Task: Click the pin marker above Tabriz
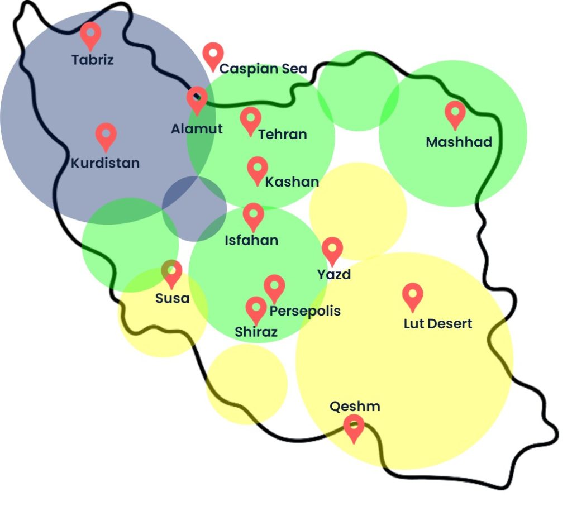tap(90, 35)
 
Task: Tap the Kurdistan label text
tap(105, 164)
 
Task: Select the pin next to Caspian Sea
tap(213, 55)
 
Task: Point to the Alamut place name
tap(197, 129)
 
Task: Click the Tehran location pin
tap(250, 120)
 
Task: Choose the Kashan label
tap(292, 182)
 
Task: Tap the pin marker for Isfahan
tap(253, 216)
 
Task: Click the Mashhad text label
tap(459, 142)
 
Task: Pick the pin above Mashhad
tap(455, 113)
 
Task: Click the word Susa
tap(172, 298)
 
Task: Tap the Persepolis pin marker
tap(274, 287)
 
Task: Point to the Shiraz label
tap(256, 332)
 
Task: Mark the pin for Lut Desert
tap(413, 295)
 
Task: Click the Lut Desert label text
tap(438, 323)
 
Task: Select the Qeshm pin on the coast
tap(354, 427)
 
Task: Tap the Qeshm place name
tap(355, 406)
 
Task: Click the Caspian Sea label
tap(263, 69)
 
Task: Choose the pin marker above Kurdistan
tap(106, 135)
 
